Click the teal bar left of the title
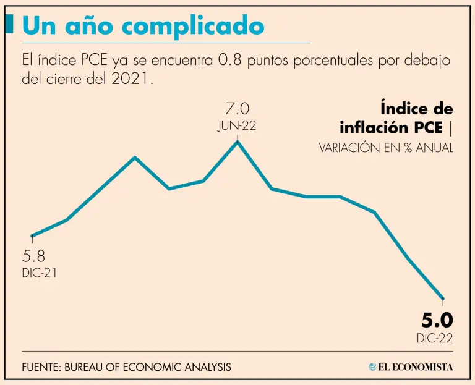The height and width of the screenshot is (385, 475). (11, 24)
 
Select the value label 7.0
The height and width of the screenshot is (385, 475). (237, 109)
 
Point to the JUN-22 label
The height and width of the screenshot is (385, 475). (237, 125)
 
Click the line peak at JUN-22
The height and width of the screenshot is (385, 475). (237, 142)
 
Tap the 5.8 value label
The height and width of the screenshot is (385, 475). (33, 256)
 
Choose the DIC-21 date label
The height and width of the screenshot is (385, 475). (39, 273)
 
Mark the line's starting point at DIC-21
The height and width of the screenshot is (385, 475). (32, 235)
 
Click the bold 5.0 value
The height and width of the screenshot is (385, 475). (437, 320)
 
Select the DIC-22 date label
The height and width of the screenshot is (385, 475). (435, 338)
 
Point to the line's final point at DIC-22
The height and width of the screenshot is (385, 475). (443, 299)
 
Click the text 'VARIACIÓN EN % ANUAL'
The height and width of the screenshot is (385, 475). (386, 148)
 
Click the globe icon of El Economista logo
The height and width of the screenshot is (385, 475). (372, 367)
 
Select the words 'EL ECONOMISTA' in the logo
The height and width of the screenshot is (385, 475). (416, 367)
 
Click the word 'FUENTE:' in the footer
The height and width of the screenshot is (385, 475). (41, 367)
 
